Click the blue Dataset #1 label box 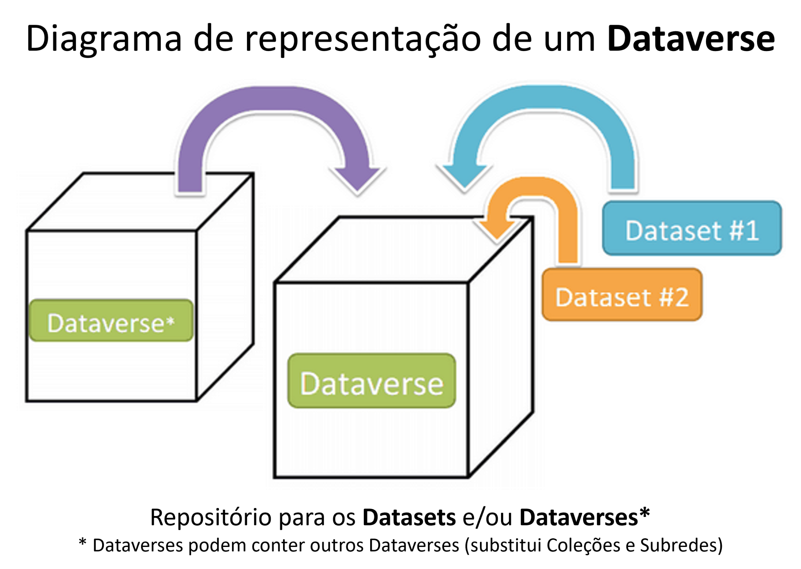pyautogui.click(x=692, y=228)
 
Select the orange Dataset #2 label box pyautogui.click(x=622, y=295)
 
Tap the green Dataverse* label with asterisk pyautogui.click(x=111, y=320)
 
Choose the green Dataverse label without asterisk pyautogui.click(x=371, y=381)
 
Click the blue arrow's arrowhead pyautogui.click(x=465, y=177)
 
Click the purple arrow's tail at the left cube pyautogui.click(x=190, y=182)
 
